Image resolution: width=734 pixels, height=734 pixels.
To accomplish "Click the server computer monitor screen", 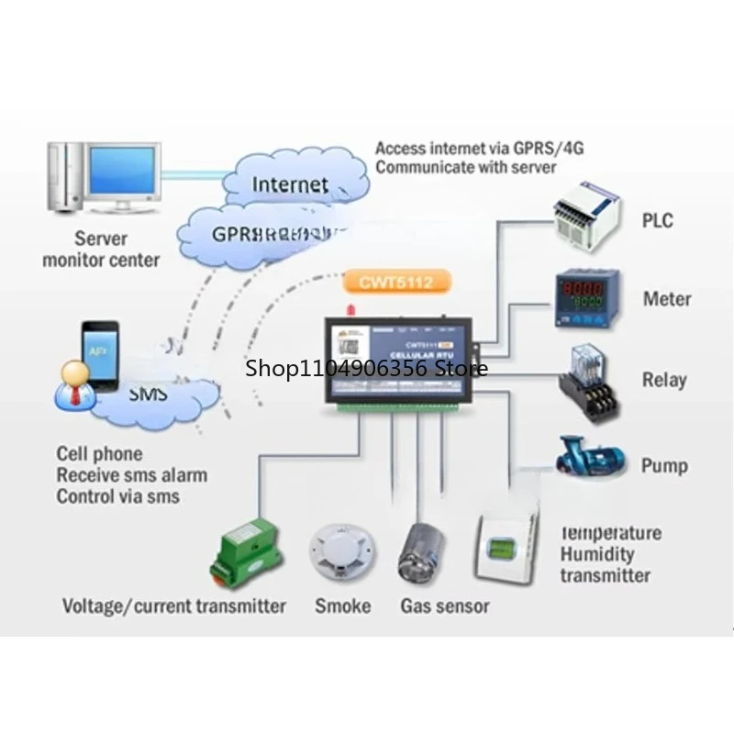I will pyautogui.click(x=123, y=174).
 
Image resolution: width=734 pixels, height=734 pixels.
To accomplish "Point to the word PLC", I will pyautogui.click(x=657, y=220).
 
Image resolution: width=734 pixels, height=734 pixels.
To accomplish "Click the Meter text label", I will pyautogui.click(x=667, y=299).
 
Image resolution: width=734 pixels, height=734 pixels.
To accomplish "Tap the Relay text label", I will pyautogui.click(x=664, y=380).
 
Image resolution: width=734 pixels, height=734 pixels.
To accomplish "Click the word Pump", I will pyautogui.click(x=664, y=465).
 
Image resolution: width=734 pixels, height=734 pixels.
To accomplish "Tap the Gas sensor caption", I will pyautogui.click(x=444, y=606).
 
